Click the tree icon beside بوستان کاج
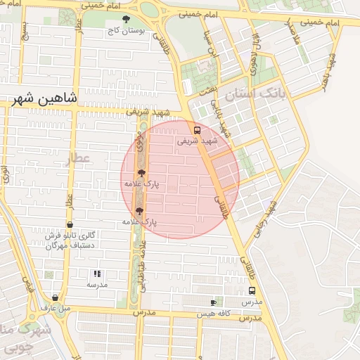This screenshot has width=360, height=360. pyautogui.click(x=127, y=20)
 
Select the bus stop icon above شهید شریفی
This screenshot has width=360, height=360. pyautogui.click(x=197, y=129)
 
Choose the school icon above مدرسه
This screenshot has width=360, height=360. pyautogui.click(x=96, y=274)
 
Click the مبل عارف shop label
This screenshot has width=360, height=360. pyautogui.click(x=56, y=307)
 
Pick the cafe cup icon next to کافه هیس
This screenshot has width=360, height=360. pyautogui.click(x=214, y=302)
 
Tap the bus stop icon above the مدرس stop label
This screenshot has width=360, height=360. pyautogui.click(x=252, y=290)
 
